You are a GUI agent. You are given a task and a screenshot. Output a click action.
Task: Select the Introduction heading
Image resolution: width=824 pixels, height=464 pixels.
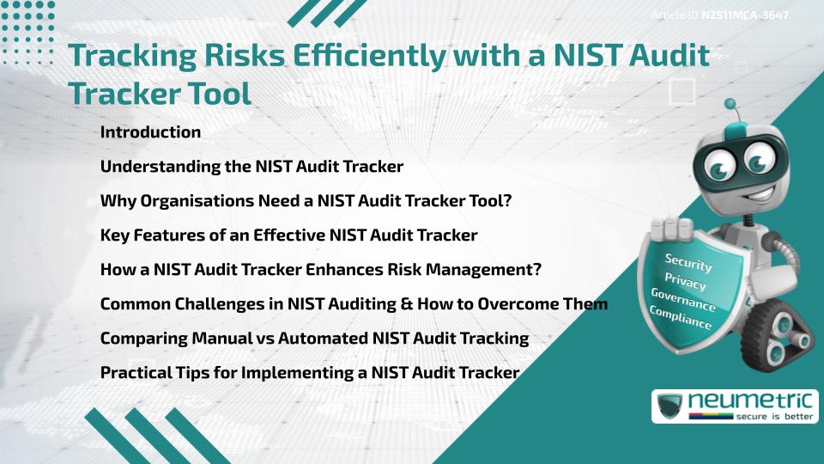point(150,132)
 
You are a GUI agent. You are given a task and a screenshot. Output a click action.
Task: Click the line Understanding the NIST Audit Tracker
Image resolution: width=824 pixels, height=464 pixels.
point(251,166)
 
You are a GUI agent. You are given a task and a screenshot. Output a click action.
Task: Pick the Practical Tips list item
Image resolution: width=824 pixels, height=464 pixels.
point(310,373)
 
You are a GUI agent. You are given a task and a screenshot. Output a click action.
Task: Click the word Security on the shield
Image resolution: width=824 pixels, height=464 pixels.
point(688,262)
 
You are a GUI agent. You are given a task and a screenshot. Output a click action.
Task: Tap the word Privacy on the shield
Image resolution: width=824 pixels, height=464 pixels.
point(687,281)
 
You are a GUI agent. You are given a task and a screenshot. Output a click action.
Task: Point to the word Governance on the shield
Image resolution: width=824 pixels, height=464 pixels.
point(683,300)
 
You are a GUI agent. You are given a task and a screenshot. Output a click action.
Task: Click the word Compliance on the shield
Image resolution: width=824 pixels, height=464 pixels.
point(681,319)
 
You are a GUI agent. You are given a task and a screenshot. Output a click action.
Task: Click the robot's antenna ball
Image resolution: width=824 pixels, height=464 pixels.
point(730,104)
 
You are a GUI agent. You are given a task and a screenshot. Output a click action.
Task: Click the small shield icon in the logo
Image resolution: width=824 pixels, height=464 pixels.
point(670,406)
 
